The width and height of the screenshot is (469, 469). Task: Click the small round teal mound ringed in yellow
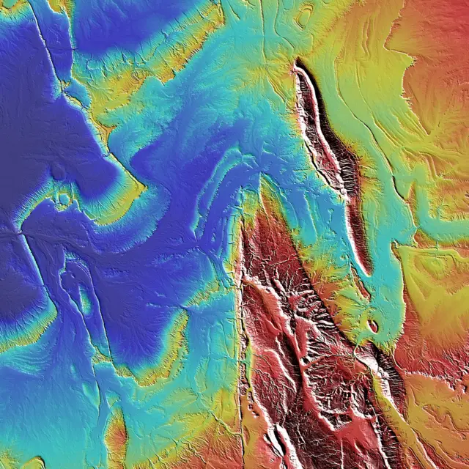click(x=64, y=198)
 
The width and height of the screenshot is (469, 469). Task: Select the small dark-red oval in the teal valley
click(x=373, y=325)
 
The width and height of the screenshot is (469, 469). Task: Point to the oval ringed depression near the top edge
click(x=303, y=15)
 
